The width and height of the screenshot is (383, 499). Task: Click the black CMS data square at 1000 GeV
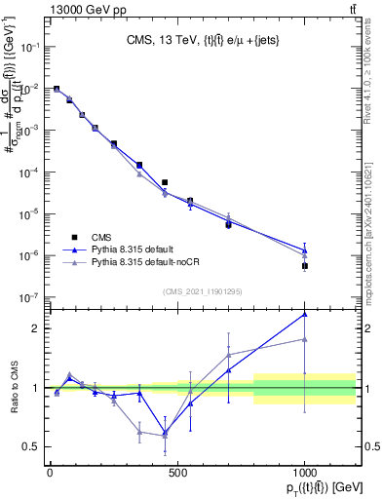pyautogui.click(x=305, y=265)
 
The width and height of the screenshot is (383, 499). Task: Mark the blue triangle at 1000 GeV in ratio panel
pyautogui.click(x=305, y=314)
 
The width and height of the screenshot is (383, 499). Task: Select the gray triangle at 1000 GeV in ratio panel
pyautogui.click(x=305, y=339)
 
